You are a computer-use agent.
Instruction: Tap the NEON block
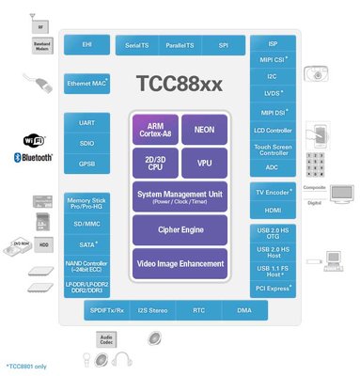point(204,128)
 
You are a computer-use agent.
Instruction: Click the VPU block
point(204,162)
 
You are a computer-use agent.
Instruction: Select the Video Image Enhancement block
point(179,262)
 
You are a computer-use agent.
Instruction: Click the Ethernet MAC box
point(87,84)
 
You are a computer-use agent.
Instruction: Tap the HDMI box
point(274,211)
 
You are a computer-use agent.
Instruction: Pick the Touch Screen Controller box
point(274,148)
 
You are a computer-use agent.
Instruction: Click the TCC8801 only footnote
point(25,365)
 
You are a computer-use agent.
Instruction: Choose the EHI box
point(87,45)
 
